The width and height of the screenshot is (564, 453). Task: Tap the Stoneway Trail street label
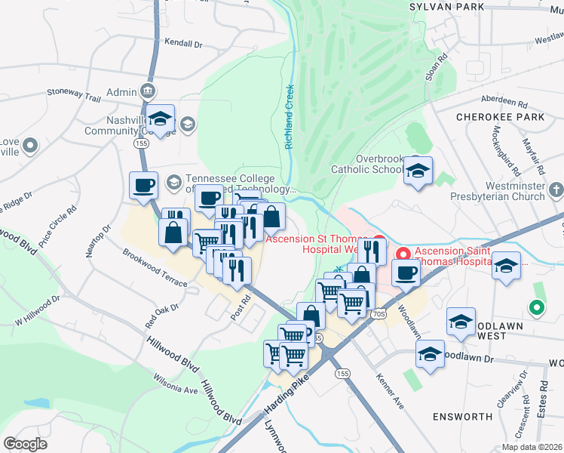(x=73, y=98)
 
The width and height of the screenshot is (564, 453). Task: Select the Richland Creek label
(x=290, y=116)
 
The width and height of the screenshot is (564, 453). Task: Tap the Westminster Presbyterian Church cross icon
(x=556, y=188)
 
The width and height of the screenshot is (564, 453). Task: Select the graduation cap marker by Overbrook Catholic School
(x=417, y=171)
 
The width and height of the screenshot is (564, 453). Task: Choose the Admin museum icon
(x=148, y=92)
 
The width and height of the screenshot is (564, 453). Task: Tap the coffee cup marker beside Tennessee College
(x=143, y=185)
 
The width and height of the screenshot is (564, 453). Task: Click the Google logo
(x=25, y=444)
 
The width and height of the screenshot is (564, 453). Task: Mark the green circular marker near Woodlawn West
(x=536, y=307)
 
